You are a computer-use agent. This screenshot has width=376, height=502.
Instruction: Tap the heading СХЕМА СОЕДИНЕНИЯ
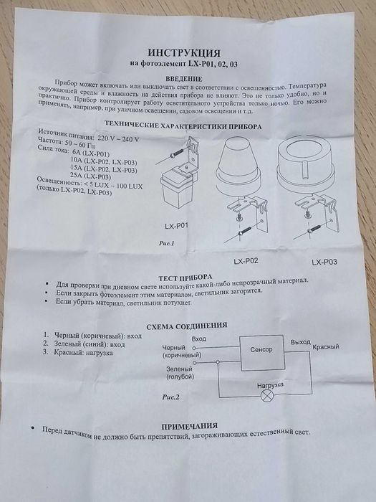[185, 328]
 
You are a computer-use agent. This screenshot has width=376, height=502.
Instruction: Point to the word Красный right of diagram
[327, 347]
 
